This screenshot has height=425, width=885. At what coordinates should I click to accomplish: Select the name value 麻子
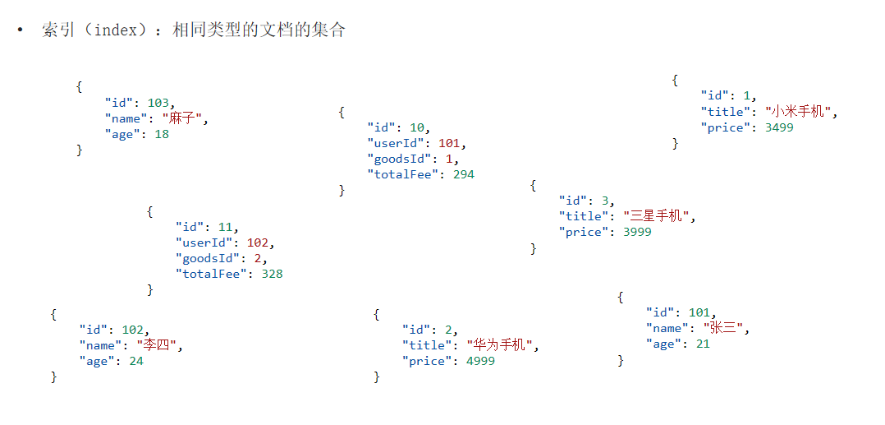(185, 118)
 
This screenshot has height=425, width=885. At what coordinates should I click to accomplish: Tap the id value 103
(158, 103)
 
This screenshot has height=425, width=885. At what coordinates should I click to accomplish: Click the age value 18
(161, 134)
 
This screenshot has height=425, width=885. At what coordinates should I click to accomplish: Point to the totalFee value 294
(463, 174)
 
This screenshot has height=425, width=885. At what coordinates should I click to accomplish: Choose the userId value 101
(450, 143)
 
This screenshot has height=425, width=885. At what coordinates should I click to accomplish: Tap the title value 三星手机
(658, 216)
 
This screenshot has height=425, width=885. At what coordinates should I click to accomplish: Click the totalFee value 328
(272, 274)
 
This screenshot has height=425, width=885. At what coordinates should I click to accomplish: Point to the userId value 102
(259, 243)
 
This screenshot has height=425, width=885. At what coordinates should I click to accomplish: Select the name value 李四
(159, 345)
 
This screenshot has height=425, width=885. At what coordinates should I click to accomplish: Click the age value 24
(135, 361)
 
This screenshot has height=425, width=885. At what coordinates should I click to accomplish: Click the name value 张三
(726, 328)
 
